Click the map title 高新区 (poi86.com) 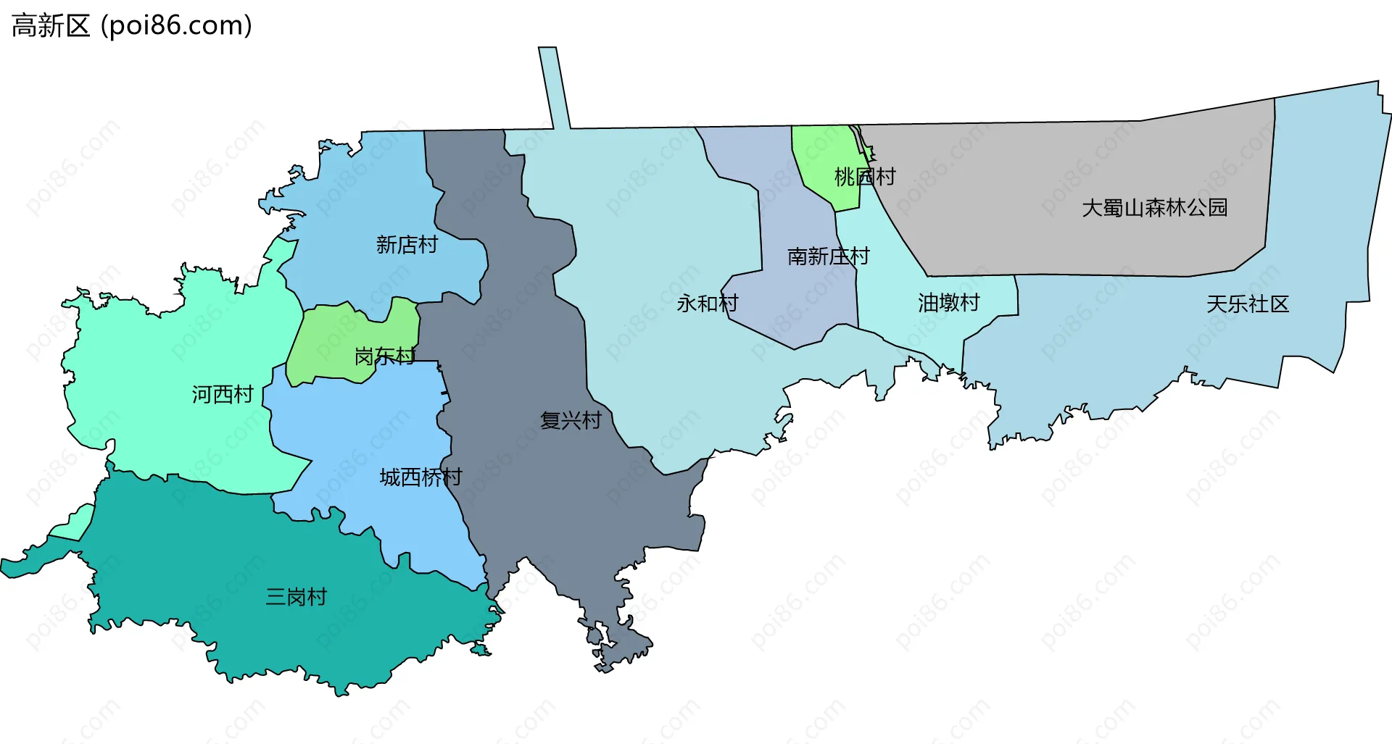point(132,26)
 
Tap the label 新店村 point(407,245)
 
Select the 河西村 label point(223,394)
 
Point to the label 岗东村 point(384,356)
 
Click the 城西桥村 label point(420,477)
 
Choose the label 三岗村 point(296,596)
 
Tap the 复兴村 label point(571,420)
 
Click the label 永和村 point(707,303)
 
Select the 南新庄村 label point(828,256)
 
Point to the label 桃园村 point(865,176)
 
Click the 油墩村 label point(948,302)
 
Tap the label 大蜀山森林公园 point(1154,208)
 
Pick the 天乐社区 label point(1247,304)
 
